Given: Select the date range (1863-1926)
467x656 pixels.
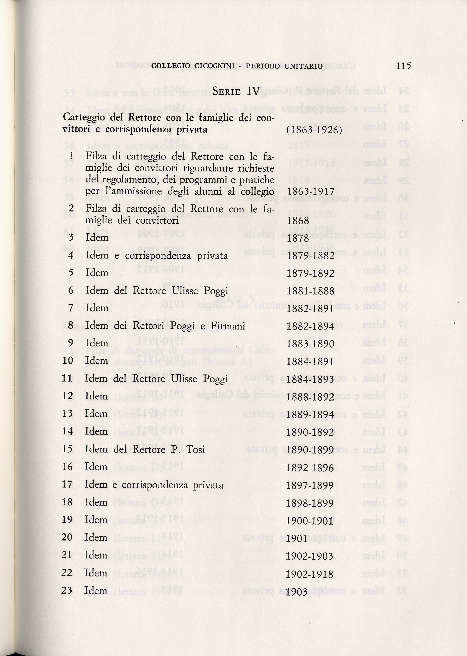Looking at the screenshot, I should (x=314, y=130).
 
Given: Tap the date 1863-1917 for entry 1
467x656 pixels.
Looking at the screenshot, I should (x=311, y=192).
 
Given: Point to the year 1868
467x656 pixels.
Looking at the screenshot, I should (x=298, y=221).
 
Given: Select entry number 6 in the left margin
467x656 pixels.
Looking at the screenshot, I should (x=71, y=290).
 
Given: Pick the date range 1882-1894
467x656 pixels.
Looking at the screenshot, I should (x=311, y=326).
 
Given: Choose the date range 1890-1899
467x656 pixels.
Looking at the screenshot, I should (x=310, y=450).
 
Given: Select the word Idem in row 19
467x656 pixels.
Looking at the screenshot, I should (x=96, y=520).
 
